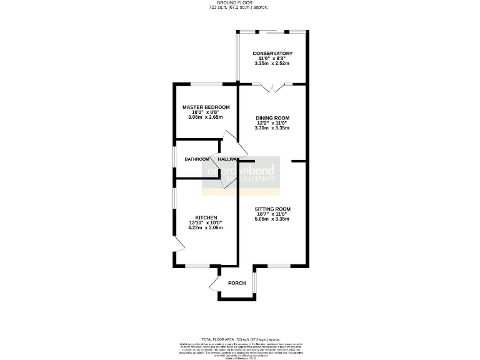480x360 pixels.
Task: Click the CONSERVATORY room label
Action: [x=273, y=53]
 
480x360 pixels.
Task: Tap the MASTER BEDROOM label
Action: [x=206, y=107]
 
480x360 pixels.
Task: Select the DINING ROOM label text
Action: [x=272, y=117]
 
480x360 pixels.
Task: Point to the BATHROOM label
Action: [x=196, y=159]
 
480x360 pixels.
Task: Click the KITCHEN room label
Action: [x=206, y=217]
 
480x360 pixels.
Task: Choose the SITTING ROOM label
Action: [x=273, y=208]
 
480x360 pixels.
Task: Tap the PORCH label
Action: [x=237, y=283]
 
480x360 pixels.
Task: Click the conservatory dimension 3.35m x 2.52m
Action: [x=273, y=63]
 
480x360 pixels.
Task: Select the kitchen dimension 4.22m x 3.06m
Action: [x=206, y=228]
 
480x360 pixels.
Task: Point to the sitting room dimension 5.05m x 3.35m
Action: [x=273, y=219]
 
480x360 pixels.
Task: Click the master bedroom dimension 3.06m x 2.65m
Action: [x=206, y=117]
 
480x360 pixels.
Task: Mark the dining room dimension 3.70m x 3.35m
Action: [x=272, y=128]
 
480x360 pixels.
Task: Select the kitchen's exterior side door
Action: [x=178, y=245]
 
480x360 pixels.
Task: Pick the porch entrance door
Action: [x=216, y=285]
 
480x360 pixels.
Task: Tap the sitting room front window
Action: [x=278, y=266]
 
